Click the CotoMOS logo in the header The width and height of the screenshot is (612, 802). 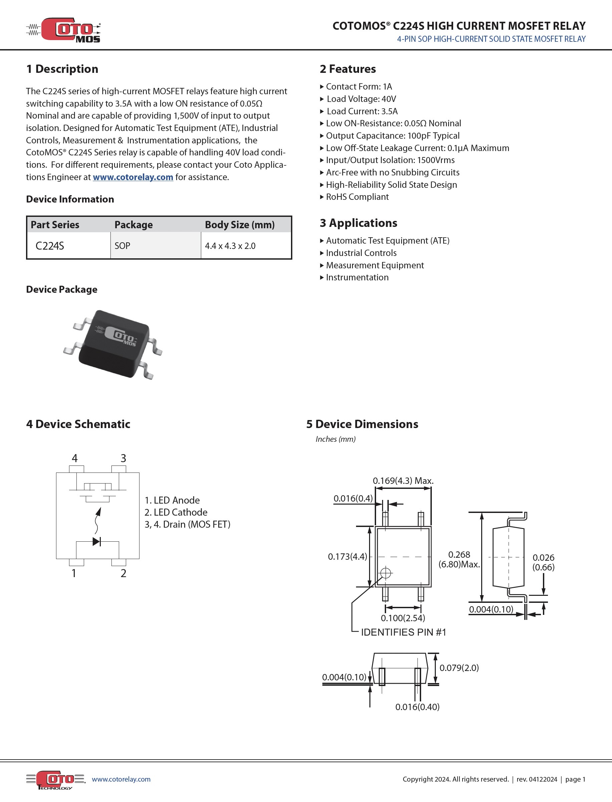point(64,30)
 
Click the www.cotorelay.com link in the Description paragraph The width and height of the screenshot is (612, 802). point(132,177)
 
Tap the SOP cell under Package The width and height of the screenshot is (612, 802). point(122,246)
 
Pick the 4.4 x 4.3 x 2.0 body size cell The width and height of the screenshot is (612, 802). point(230,246)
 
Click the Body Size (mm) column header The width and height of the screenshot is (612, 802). point(239,225)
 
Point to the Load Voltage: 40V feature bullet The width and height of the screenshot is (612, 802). point(361,99)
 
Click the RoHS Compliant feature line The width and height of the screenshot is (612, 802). point(357,197)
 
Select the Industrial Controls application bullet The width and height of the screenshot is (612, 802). point(361,253)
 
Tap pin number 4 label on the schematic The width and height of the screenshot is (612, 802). point(75,458)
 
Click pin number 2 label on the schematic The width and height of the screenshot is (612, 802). point(123,573)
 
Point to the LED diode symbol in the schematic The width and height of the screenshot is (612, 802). point(96,541)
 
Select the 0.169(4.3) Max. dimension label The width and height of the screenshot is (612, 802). point(403,481)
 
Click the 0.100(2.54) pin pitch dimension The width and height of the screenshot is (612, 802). point(403,618)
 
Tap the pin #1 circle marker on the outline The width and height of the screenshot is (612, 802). point(386,573)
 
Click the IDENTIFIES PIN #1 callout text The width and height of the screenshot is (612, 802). point(403,632)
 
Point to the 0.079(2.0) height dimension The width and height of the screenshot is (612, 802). point(459,668)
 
